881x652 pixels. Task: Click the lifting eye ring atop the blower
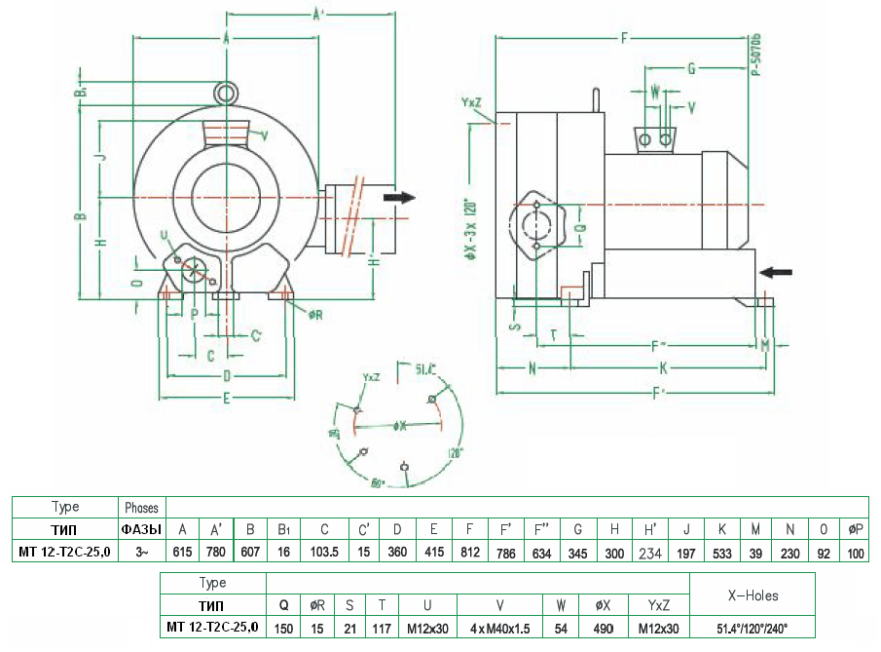pyautogui.click(x=226, y=93)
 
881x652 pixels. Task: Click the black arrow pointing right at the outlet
pyautogui.click(x=399, y=198)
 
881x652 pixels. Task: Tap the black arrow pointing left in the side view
pyautogui.click(x=776, y=271)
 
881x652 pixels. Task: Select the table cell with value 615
pyautogui.click(x=182, y=553)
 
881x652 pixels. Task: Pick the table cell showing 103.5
pyautogui.click(x=324, y=553)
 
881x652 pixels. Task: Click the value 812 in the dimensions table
pyautogui.click(x=469, y=553)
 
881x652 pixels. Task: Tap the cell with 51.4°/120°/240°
pyautogui.click(x=753, y=628)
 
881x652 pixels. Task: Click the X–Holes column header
pyautogui.click(x=753, y=594)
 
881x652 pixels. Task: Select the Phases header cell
pyautogui.click(x=142, y=508)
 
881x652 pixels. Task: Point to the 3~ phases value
pyautogui.click(x=142, y=553)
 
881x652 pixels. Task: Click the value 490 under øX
pyautogui.click(x=603, y=628)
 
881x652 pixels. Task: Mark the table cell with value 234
pyautogui.click(x=650, y=553)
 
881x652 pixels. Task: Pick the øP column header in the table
pyautogui.click(x=856, y=529)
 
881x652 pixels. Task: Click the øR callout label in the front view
pyautogui.click(x=316, y=315)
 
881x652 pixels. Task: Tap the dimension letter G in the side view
pyautogui.click(x=691, y=68)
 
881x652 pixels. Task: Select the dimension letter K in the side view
pyautogui.click(x=663, y=368)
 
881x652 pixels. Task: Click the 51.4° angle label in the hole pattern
pyautogui.click(x=425, y=369)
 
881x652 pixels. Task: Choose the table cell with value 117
pyautogui.click(x=383, y=628)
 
